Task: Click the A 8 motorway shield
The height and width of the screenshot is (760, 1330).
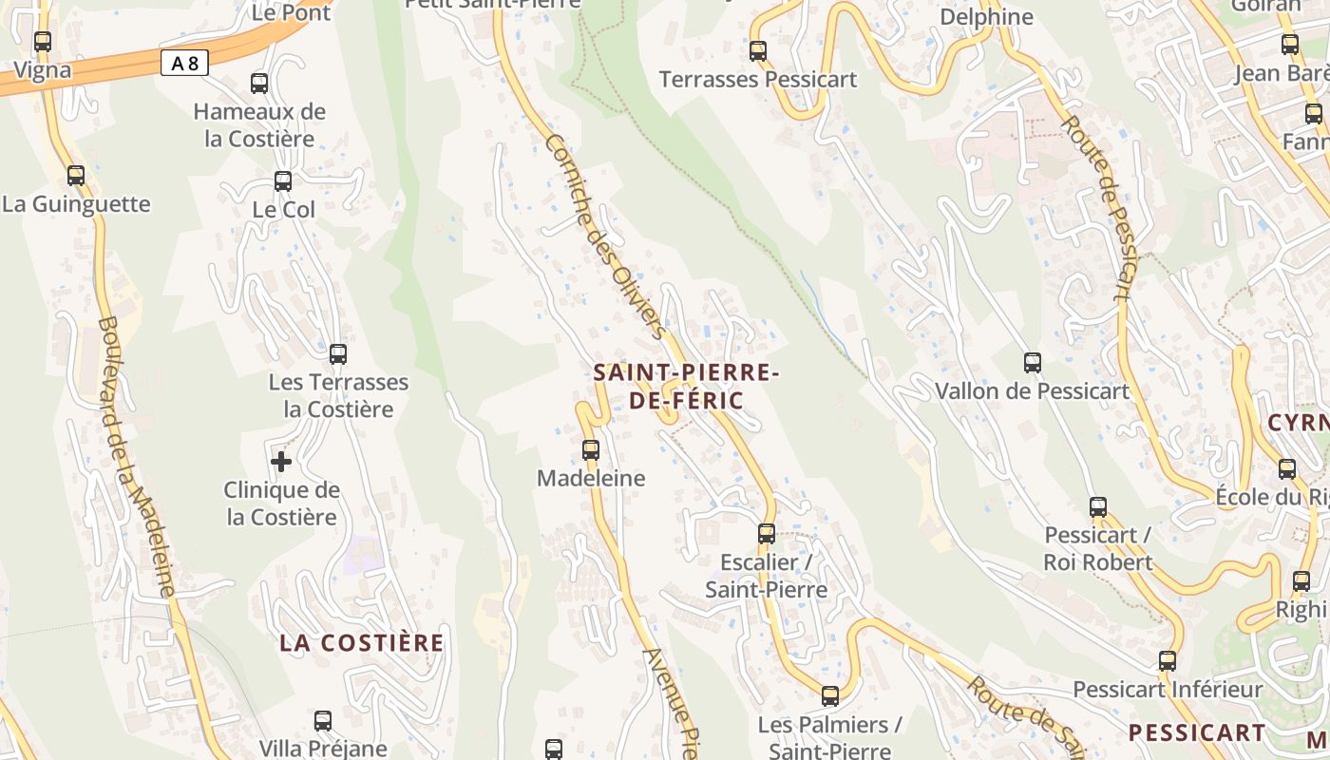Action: (x=184, y=64)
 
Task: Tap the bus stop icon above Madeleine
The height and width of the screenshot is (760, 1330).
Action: (x=591, y=449)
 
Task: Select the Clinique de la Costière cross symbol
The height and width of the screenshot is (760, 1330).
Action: (x=281, y=462)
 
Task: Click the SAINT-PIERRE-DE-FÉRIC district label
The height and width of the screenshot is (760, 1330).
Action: (x=686, y=386)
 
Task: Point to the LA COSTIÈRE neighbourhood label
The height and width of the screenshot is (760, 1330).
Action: (x=361, y=643)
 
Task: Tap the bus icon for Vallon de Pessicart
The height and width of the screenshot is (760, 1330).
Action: (x=1033, y=362)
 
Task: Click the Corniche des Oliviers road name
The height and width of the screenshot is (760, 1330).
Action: (x=603, y=236)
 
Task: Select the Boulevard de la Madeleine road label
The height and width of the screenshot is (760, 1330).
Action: (x=136, y=456)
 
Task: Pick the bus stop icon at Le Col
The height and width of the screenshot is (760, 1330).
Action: (x=283, y=180)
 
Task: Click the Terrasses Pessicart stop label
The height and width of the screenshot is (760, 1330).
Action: (x=758, y=80)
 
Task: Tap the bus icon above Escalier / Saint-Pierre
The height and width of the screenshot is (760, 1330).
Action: (x=767, y=533)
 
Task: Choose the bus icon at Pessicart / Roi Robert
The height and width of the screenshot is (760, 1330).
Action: (x=1098, y=506)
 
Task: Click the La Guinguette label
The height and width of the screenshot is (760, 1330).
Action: (x=76, y=204)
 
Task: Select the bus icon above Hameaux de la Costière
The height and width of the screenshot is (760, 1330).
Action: (x=259, y=83)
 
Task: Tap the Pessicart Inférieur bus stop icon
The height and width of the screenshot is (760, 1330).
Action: (x=1167, y=660)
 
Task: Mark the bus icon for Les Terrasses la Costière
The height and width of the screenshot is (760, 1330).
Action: (x=337, y=354)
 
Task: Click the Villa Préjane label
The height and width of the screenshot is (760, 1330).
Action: (x=323, y=749)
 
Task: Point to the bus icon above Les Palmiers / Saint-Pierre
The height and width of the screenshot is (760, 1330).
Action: (x=830, y=696)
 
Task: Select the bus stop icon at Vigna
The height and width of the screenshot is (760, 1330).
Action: (x=42, y=42)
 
